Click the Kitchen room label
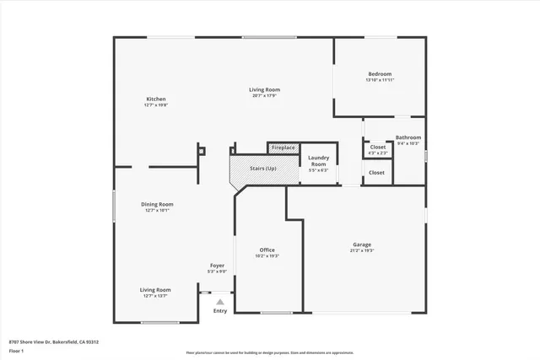(x=155, y=99)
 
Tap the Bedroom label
(x=380, y=73)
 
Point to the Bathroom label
(x=408, y=137)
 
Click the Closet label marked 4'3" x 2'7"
(x=377, y=148)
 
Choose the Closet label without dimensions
(x=376, y=172)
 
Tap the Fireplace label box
(x=283, y=148)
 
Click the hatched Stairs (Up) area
(x=262, y=169)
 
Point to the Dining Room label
(x=156, y=204)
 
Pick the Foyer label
(x=217, y=266)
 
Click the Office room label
(x=267, y=250)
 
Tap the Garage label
(x=361, y=244)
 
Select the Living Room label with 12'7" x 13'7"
(x=155, y=290)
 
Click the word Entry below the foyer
(x=219, y=311)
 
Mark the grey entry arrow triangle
(x=219, y=301)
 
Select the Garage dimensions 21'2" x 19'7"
(x=361, y=250)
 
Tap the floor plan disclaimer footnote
(x=269, y=352)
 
